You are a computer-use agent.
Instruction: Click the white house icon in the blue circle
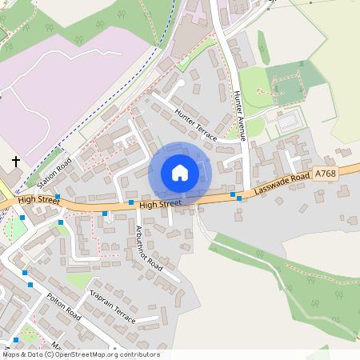click(x=180, y=172)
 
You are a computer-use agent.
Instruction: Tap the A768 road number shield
click(x=326, y=173)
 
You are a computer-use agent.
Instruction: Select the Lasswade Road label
click(x=282, y=184)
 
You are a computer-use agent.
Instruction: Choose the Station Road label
click(x=54, y=170)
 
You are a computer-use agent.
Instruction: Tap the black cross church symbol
click(x=15, y=162)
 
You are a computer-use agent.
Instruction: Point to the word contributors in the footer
click(x=141, y=354)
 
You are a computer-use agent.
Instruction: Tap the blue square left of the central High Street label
click(x=131, y=202)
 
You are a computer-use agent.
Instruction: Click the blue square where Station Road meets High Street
click(x=58, y=196)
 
